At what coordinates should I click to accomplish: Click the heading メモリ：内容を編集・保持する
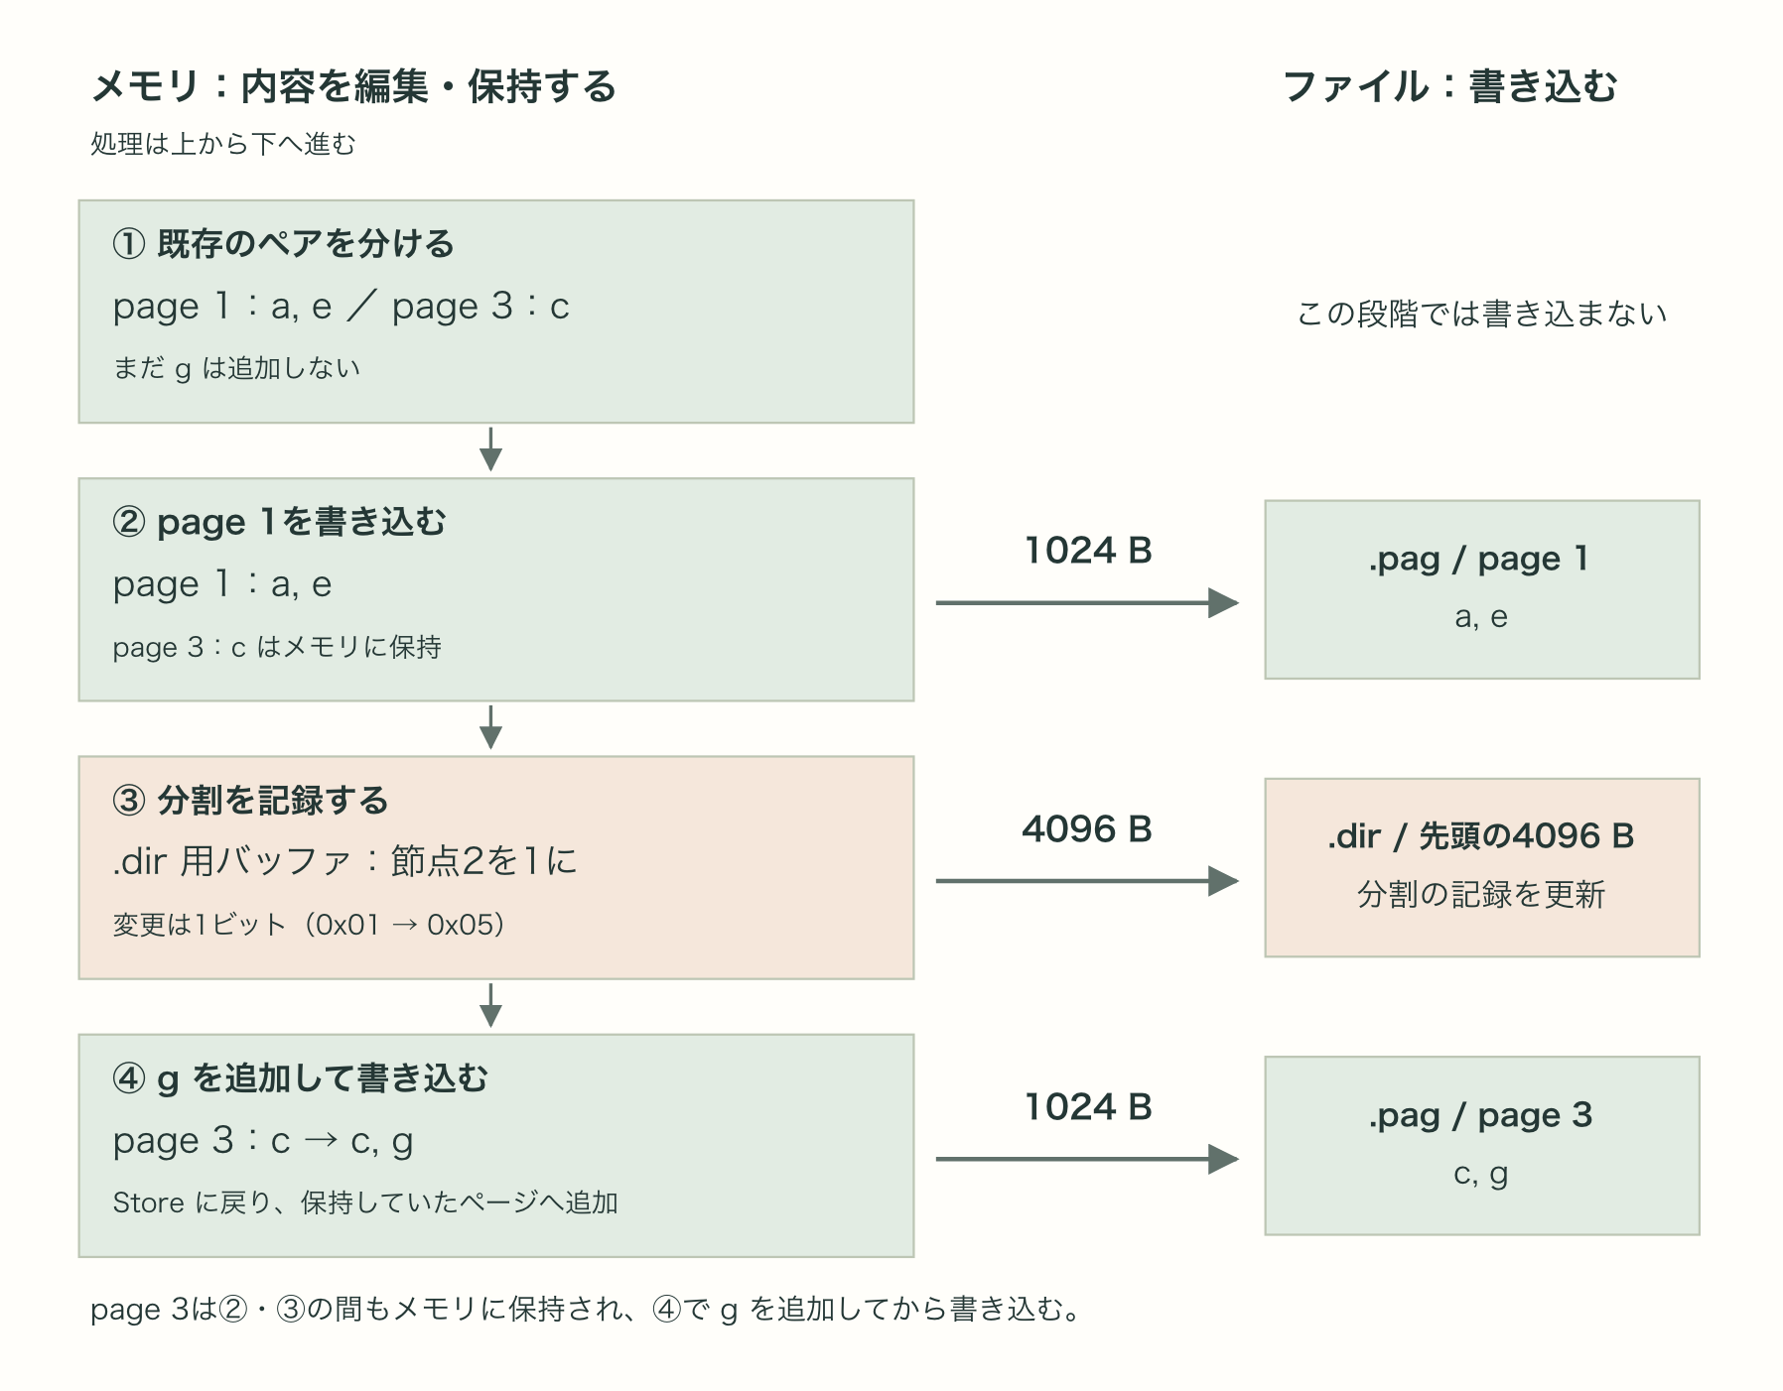tap(353, 87)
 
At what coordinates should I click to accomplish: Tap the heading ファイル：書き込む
tap(1450, 87)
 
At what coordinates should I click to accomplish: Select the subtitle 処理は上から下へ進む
tap(223, 144)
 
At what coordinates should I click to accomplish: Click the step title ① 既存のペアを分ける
tap(283, 243)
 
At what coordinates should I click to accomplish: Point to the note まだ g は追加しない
tap(236, 368)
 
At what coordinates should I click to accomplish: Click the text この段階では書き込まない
tap(1481, 314)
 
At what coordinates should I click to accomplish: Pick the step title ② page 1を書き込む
tap(279, 521)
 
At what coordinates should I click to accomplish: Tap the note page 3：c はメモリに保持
tap(277, 647)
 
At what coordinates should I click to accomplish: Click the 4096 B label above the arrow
tap(1087, 828)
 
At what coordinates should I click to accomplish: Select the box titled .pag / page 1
tap(1482, 589)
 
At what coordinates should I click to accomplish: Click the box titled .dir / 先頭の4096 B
tap(1482, 867)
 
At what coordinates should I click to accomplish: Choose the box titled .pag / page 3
tap(1482, 1145)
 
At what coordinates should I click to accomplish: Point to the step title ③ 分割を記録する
tap(250, 800)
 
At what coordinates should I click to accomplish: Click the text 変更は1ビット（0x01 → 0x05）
tap(309, 925)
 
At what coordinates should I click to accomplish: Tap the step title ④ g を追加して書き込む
tap(300, 1077)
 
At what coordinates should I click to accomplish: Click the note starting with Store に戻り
tap(365, 1202)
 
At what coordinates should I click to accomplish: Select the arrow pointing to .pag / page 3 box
tap(1087, 1159)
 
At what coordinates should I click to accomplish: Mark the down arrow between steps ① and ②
tap(490, 449)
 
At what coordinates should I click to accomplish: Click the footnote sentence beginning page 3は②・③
tap(586, 1310)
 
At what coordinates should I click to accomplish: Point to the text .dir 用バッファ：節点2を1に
tap(344, 861)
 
